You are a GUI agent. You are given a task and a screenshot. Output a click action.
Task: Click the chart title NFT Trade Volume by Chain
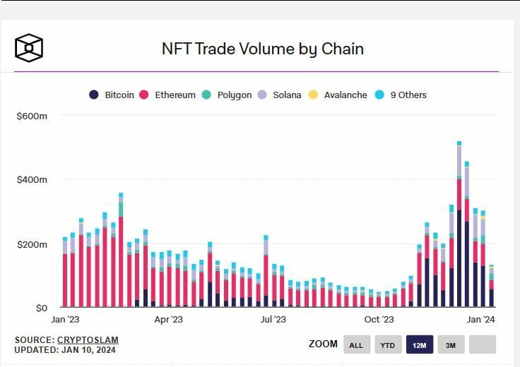pyautogui.click(x=263, y=49)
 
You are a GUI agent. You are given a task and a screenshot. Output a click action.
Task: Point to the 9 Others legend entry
pyautogui.click(x=403, y=95)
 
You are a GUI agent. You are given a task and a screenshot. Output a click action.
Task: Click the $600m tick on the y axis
pyautogui.click(x=32, y=115)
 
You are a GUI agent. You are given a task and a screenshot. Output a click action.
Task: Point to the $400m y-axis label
pyautogui.click(x=32, y=179)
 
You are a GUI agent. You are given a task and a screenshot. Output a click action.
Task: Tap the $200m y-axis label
pyautogui.click(x=32, y=244)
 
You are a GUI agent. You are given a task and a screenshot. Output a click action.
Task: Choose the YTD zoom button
pyautogui.click(x=388, y=344)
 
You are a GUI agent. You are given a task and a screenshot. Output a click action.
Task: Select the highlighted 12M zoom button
pyautogui.click(x=419, y=344)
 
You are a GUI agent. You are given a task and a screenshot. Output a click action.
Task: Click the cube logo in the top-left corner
pyautogui.click(x=30, y=48)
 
